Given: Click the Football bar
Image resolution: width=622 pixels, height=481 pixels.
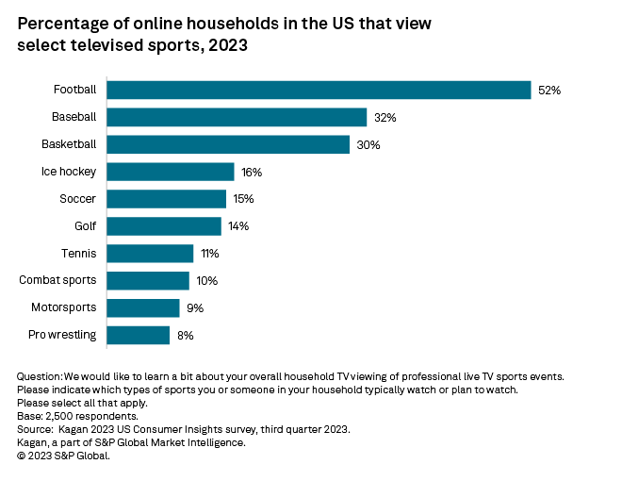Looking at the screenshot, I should (319, 90).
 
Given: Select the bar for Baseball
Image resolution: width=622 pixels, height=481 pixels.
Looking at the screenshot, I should (236, 117).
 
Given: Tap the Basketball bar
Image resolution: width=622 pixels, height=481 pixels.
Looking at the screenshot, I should (227, 144).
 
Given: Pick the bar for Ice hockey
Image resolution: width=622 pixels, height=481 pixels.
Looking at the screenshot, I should (170, 172).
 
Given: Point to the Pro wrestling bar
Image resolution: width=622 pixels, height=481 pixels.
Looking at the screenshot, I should (138, 335).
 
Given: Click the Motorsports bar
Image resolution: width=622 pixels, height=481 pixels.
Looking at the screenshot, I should (142, 307).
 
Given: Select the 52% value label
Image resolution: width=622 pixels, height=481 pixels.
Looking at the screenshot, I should (549, 91).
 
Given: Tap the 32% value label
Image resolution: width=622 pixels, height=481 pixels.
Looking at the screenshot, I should (385, 118).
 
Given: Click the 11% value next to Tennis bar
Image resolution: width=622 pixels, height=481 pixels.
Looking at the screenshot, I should (210, 254).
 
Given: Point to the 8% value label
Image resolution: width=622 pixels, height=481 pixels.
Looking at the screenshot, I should (185, 335).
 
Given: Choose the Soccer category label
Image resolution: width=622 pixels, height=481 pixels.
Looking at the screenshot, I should (77, 199).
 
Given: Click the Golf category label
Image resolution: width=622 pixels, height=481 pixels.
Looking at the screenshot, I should (85, 226).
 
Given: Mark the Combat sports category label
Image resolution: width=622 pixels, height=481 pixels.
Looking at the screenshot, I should (57, 281).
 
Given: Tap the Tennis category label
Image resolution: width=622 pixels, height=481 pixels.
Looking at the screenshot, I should (78, 254).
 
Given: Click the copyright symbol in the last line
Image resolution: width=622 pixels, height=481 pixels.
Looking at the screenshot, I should (22, 456).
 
